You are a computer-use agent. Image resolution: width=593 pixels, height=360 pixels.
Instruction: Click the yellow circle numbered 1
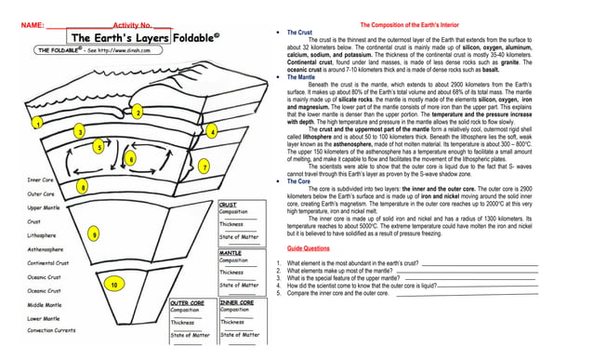tap(37, 123)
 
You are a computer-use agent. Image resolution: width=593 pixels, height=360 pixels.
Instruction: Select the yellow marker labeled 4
tap(212, 132)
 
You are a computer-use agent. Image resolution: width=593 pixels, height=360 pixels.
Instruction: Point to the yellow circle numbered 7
tap(204, 167)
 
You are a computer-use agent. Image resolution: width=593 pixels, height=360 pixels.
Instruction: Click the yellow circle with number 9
tap(93, 235)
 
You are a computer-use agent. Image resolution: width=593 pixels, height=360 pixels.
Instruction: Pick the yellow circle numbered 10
tap(113, 284)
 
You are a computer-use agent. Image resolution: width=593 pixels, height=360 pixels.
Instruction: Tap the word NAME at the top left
tap(22, 21)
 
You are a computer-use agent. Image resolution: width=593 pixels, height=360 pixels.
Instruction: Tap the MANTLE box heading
tap(231, 252)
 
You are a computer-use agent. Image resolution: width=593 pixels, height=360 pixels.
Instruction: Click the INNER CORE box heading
tap(238, 302)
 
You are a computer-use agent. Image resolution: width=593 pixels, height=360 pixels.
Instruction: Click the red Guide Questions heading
tap(308, 249)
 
